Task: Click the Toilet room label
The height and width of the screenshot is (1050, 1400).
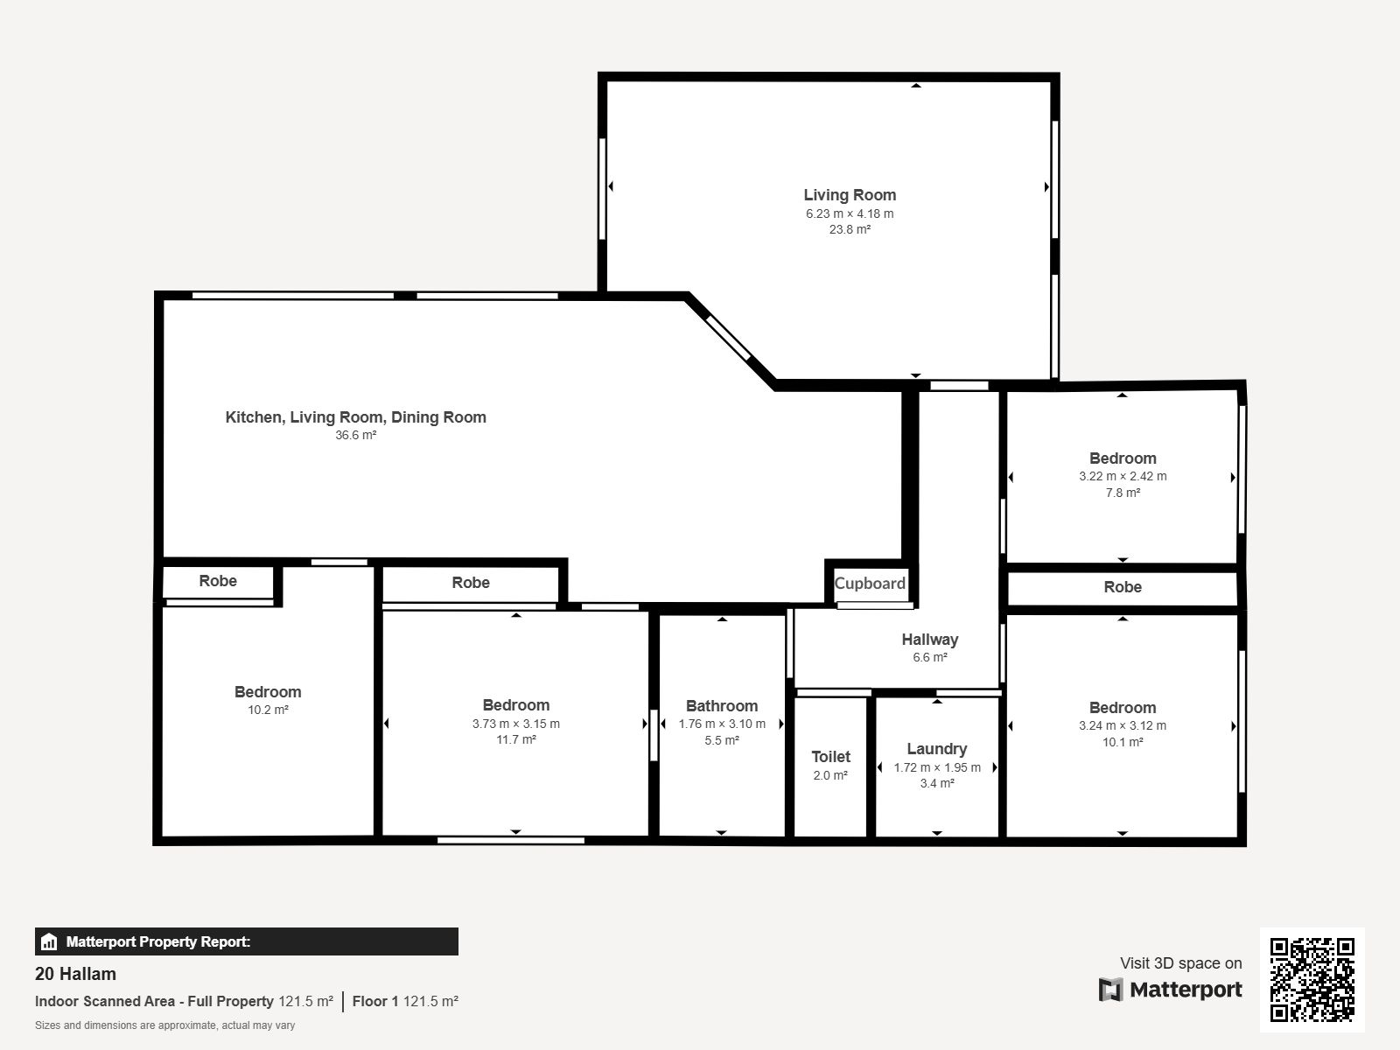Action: coord(830,756)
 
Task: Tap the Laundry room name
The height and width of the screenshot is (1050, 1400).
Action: coord(937,748)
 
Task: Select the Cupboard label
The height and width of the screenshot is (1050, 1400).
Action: coord(870,584)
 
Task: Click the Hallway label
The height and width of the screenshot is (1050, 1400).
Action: coord(930,639)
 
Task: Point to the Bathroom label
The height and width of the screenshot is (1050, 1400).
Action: coord(722,706)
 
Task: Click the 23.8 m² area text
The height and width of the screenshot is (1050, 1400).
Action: coord(850,229)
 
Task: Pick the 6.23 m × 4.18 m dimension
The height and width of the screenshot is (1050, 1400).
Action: coord(850,213)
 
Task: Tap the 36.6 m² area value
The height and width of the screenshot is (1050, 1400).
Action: coord(356,435)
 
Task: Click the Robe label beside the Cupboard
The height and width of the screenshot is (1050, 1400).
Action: coord(1123,586)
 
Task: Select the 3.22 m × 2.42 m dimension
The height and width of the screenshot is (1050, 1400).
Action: coord(1123,476)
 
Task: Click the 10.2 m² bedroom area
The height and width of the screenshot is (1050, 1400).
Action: coord(268,710)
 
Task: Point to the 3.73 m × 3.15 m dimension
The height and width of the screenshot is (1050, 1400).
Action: coord(516,724)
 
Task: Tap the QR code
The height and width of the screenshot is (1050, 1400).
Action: coord(1312,980)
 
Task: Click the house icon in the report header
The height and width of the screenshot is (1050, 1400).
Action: coord(49,941)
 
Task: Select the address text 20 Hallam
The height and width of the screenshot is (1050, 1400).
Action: coord(75,974)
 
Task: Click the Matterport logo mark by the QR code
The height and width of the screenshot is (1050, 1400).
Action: coord(1110,990)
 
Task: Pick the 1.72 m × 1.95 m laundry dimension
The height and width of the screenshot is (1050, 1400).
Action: coord(937,767)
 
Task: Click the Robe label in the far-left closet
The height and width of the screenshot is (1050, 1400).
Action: coord(218,581)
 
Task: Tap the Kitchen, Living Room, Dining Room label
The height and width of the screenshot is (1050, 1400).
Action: coord(356,417)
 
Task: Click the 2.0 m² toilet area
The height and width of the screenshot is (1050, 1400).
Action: coord(830,775)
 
